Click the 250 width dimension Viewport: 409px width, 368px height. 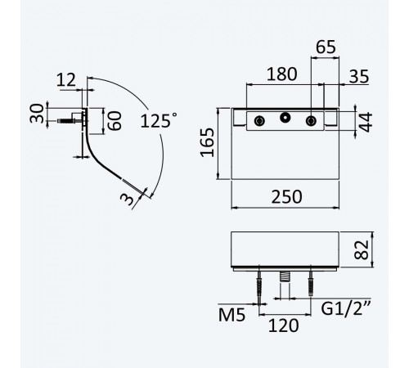pyautogui.click(x=286, y=196)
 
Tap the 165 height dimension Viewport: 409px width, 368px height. pyautogui.click(x=207, y=142)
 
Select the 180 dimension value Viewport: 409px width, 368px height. pyautogui.click(x=281, y=74)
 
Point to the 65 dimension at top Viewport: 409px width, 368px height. pyautogui.click(x=326, y=47)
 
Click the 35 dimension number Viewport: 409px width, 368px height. pyautogui.click(x=359, y=77)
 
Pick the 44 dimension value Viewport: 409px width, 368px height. pyautogui.click(x=365, y=122)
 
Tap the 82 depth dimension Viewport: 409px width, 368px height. pyautogui.click(x=362, y=249)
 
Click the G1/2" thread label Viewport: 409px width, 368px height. pyautogui.click(x=346, y=308)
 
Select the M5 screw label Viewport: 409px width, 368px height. pyautogui.click(x=231, y=315)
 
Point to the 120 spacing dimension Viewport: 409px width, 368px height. pyautogui.click(x=284, y=325)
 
